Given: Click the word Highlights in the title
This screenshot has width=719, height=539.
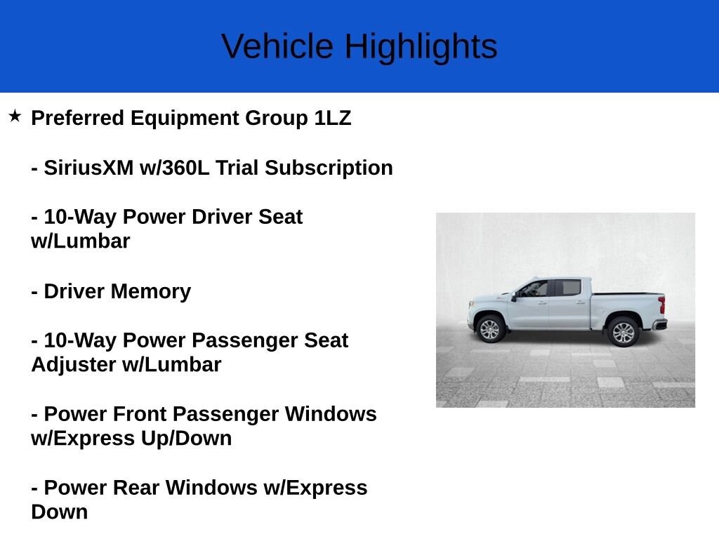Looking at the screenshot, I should pos(421,46).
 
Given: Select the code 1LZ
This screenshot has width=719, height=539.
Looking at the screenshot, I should pos(333,118).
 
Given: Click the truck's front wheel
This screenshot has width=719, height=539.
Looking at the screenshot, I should pos(489,329).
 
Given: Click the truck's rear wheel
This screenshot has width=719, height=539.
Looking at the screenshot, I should pos(623,331).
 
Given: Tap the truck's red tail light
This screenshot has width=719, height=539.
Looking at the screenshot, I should pos(661,305).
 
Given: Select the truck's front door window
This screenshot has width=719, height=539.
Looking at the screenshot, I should pos(536,288).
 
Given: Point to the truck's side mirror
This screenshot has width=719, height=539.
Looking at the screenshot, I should pos(515,296).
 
